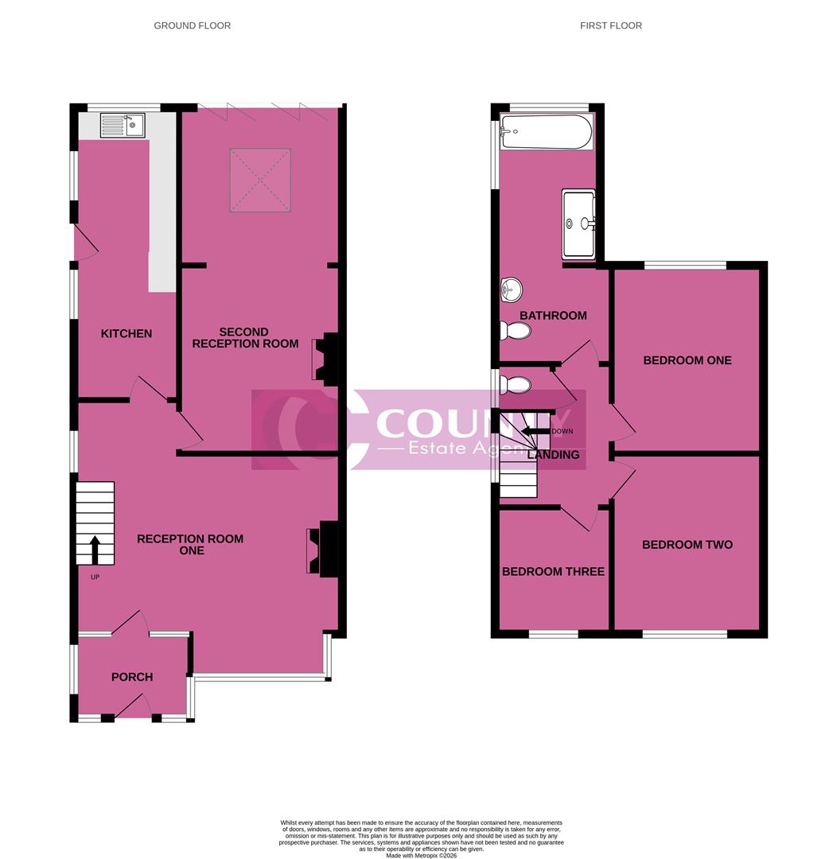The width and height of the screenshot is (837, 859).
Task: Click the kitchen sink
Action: click(123, 125)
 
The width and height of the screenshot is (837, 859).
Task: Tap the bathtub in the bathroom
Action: click(546, 132)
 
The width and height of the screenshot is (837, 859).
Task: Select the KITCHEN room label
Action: click(126, 333)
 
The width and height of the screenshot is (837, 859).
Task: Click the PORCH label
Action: click(132, 677)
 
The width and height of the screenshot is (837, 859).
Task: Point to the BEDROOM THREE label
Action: click(553, 571)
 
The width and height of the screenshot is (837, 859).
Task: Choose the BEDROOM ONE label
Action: click(687, 360)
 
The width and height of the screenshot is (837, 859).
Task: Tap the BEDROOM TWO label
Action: click(687, 545)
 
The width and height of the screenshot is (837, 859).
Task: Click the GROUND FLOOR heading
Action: click(193, 25)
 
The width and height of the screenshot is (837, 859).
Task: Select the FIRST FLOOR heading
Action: click(611, 25)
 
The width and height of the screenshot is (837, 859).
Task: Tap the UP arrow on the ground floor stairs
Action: click(95, 549)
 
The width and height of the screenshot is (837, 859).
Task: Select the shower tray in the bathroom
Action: click(578, 224)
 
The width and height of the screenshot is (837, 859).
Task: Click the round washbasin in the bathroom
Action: click(509, 290)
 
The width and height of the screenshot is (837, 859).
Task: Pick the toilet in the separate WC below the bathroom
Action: click(516, 386)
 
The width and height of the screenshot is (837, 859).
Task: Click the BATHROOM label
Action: click(553, 316)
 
